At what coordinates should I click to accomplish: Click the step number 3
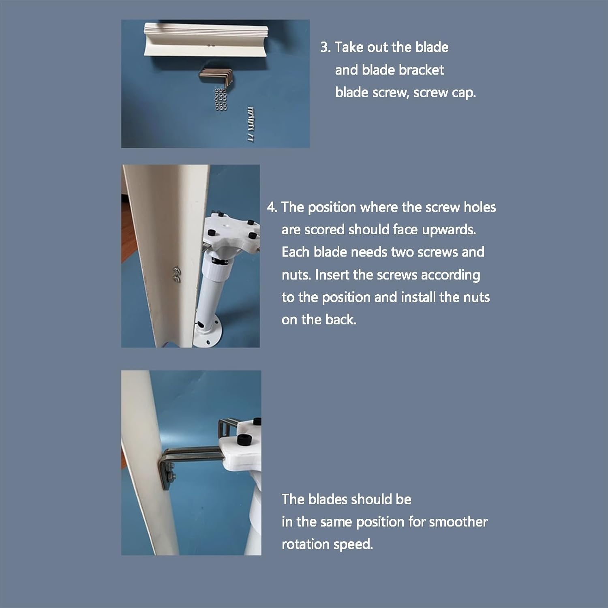click(x=325, y=47)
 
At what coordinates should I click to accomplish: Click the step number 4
click(x=271, y=208)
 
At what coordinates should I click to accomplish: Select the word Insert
click(x=332, y=275)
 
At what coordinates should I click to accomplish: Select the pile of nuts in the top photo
click(x=220, y=99)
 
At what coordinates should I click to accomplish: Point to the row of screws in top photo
click(x=250, y=124)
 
